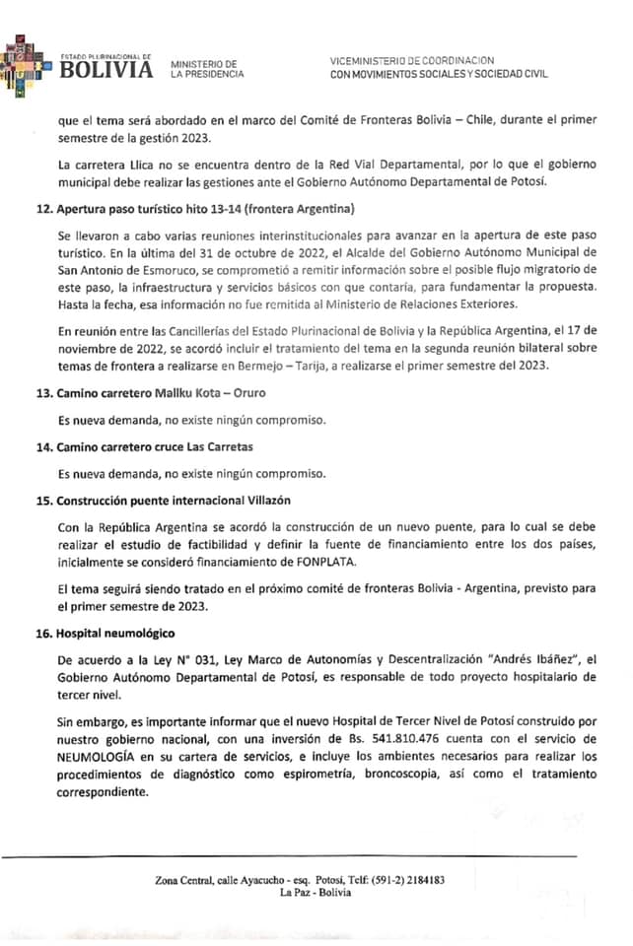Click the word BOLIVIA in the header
pos(106,71)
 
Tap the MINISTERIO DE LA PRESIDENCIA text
pos(203,69)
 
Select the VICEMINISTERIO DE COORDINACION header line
pos(412,61)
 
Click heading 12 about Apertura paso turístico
pos(194,211)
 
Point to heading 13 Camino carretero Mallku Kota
pos(153,393)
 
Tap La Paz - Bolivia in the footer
pos(316,893)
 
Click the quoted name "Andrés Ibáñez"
pos(536,659)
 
